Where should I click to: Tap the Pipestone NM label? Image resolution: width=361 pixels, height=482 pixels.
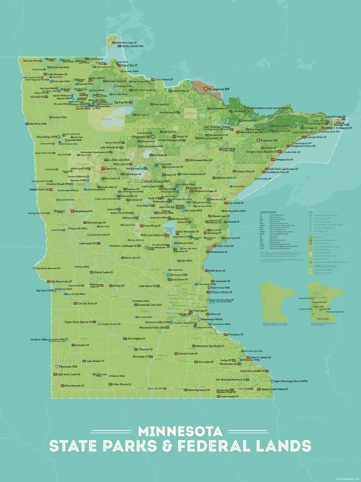69,366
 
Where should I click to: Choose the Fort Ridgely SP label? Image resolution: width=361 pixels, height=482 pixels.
138,339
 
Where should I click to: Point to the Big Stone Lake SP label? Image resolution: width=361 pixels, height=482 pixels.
61,282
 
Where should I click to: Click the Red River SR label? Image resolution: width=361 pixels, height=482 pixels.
39,124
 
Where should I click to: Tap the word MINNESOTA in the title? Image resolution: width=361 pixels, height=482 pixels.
180,431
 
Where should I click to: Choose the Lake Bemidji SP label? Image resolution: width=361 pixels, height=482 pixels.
111,147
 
